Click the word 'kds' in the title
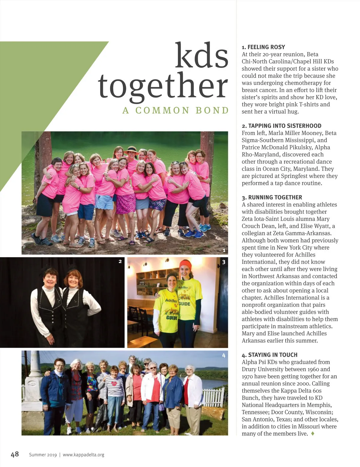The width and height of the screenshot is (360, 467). click(x=201, y=56)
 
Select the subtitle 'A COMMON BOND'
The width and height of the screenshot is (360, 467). click(x=175, y=110)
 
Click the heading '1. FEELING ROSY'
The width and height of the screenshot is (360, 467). click(x=263, y=47)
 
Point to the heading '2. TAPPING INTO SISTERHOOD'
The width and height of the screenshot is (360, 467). click(x=281, y=126)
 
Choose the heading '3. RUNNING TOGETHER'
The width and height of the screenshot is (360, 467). click(x=272, y=197)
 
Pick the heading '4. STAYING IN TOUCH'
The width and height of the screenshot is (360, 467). click(x=269, y=355)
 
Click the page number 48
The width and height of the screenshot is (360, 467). click(x=15, y=454)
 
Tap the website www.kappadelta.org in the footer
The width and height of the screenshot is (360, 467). click(x=83, y=455)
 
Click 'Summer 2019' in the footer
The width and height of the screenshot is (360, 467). click(x=43, y=455)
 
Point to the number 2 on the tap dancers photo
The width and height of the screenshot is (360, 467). click(x=120, y=261)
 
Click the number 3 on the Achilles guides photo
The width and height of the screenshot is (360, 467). click(x=223, y=262)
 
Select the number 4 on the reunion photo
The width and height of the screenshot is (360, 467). click(x=223, y=355)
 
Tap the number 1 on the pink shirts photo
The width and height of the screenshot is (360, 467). click(x=224, y=250)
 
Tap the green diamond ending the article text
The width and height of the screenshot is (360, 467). click(x=313, y=433)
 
